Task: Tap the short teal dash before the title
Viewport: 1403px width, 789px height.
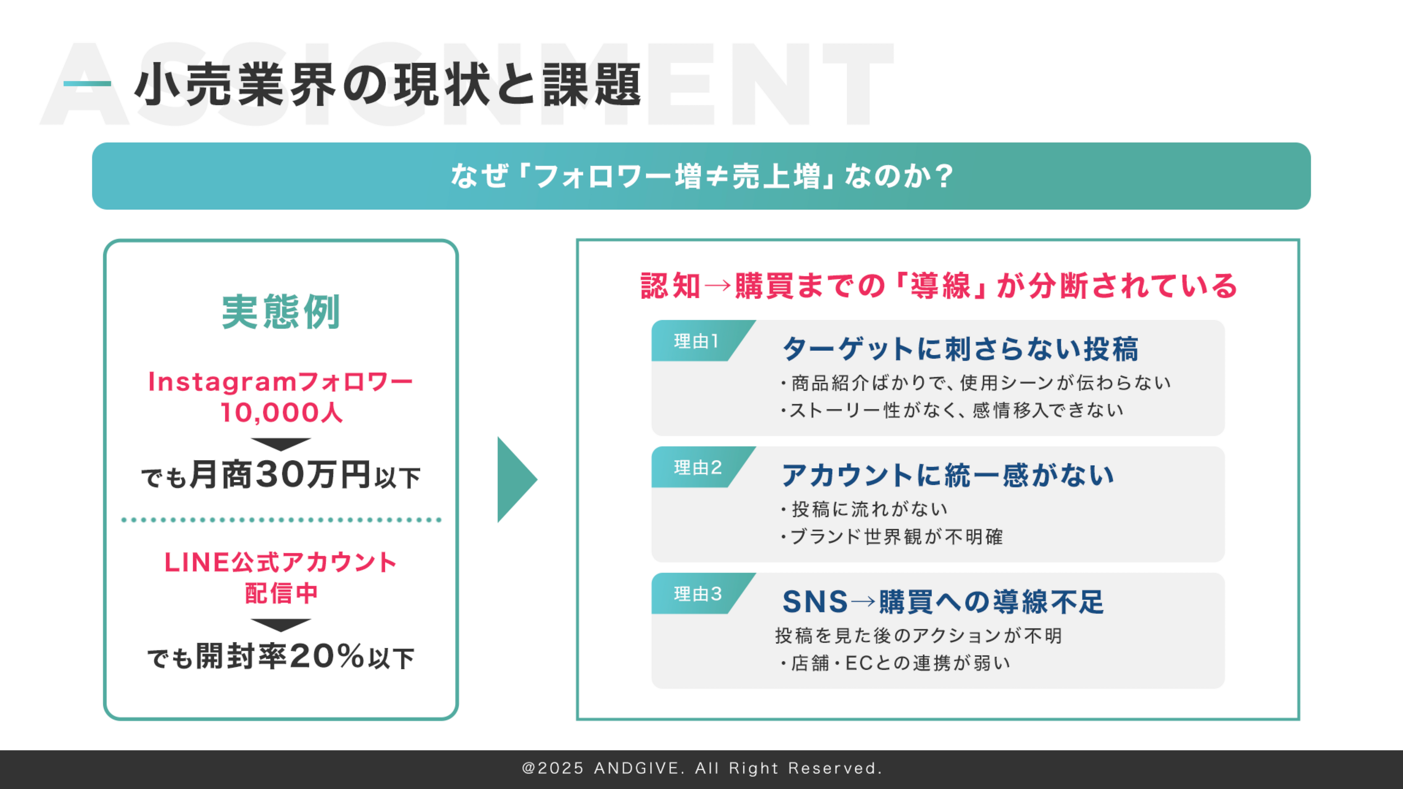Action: tap(87, 84)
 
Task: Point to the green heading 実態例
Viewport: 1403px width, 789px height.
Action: tap(281, 312)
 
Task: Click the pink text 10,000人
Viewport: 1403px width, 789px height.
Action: tap(281, 413)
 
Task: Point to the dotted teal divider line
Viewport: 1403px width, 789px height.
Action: tap(281, 520)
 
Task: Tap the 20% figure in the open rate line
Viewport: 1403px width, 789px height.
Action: tap(327, 656)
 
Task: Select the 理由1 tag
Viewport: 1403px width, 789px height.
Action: tap(696, 341)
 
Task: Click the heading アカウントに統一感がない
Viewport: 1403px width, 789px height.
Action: tap(948, 475)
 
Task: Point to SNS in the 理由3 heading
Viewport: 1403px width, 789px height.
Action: tap(815, 602)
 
